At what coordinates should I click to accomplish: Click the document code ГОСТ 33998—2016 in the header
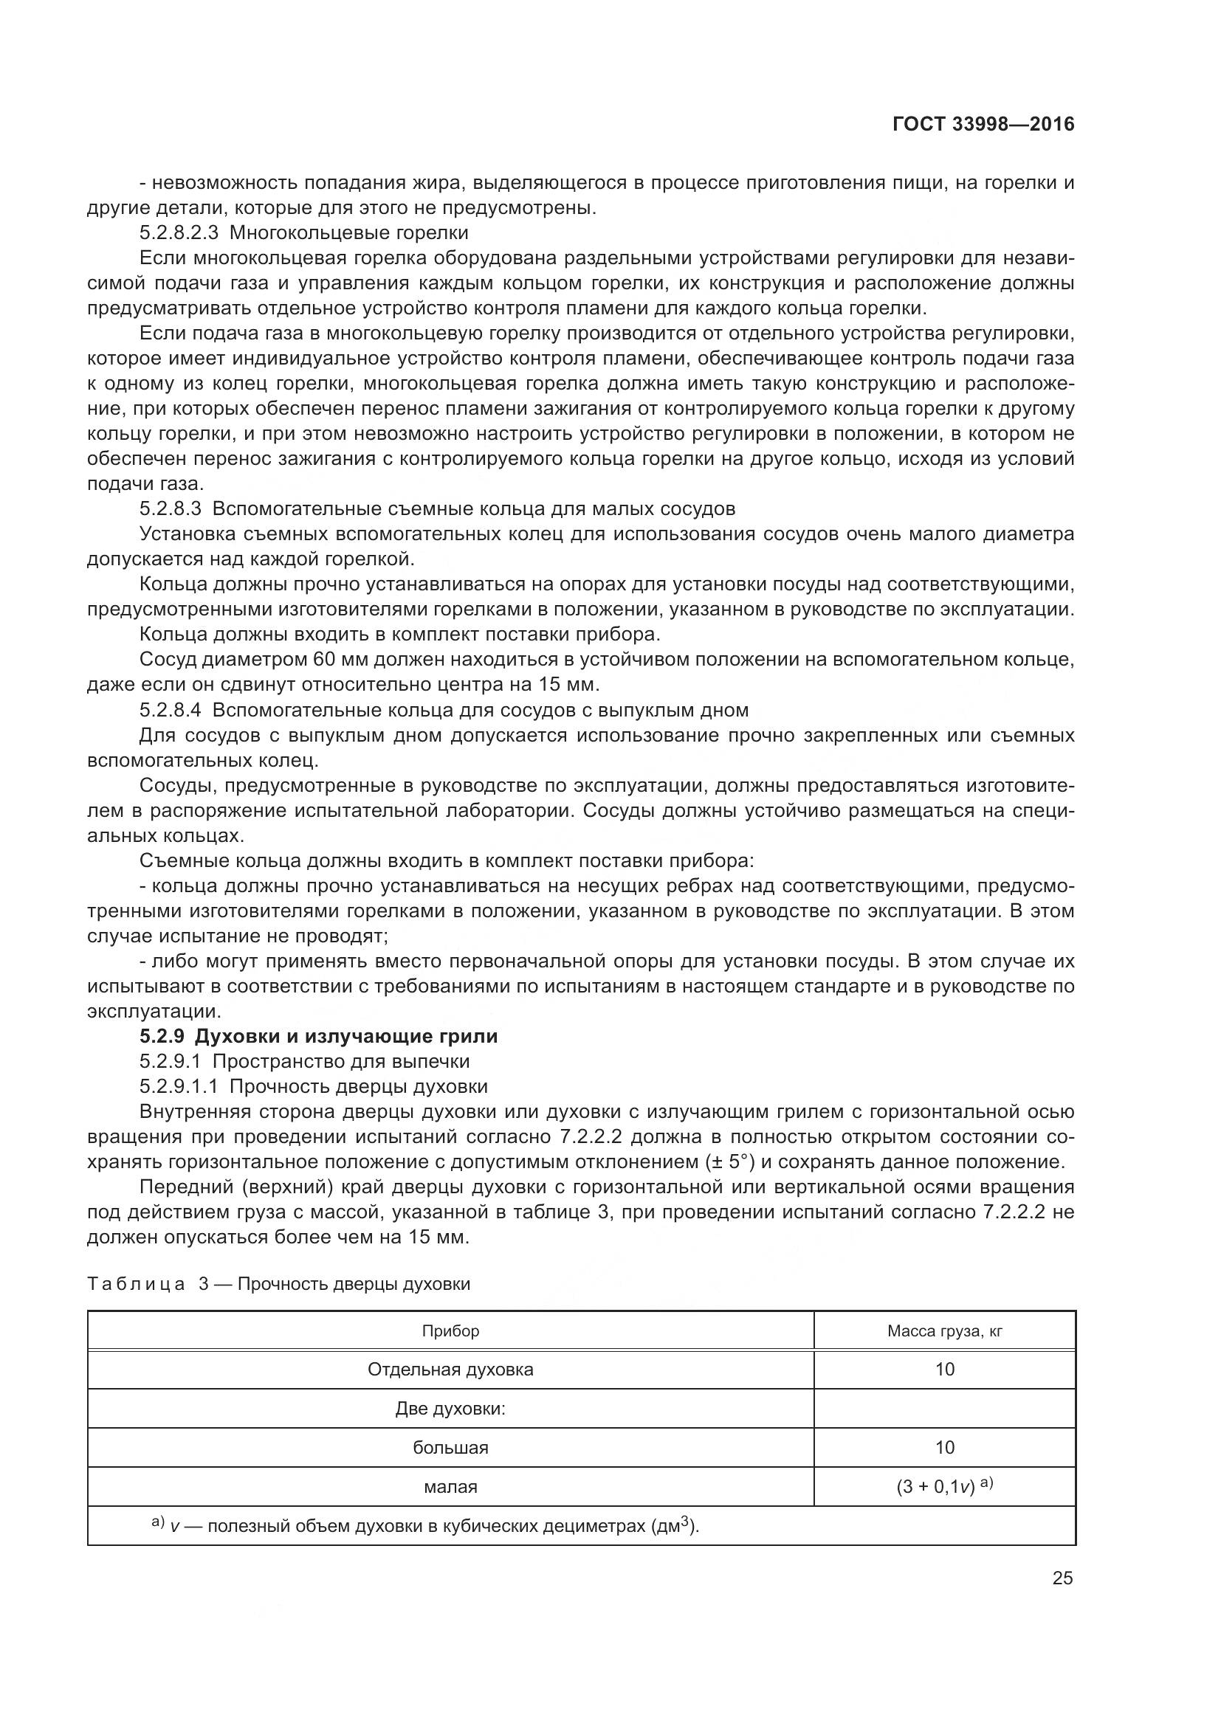point(983,124)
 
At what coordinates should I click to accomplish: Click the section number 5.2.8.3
point(170,509)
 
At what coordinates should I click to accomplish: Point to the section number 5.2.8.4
point(170,710)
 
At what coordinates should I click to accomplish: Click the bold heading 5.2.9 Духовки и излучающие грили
point(318,1036)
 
